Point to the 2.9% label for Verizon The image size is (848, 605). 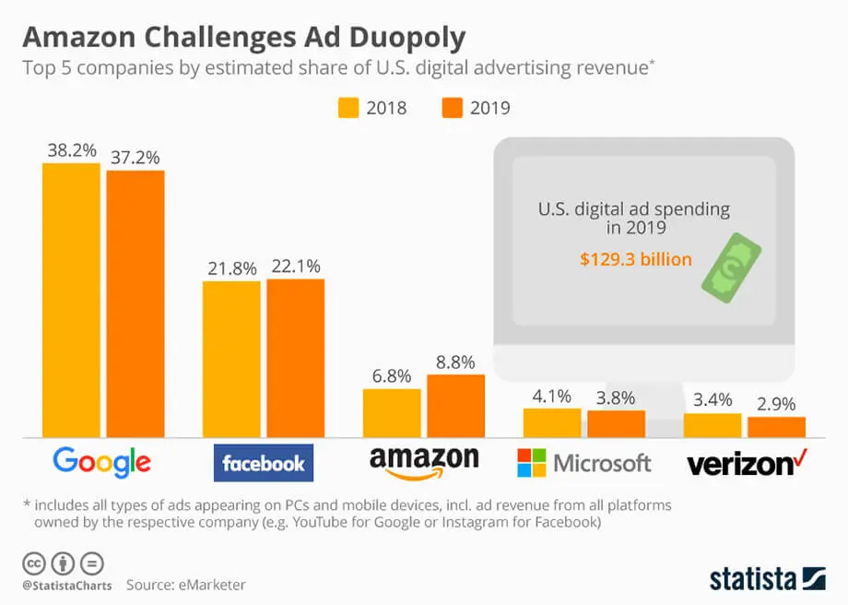776,404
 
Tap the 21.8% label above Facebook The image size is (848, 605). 231,267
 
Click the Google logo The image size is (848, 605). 101,461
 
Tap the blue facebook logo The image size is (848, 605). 264,463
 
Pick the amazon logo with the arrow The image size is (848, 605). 423,463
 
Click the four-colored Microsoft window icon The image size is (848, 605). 531,463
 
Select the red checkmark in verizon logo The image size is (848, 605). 800,455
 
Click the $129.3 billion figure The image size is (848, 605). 635,259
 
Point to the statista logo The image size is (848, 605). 768,578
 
